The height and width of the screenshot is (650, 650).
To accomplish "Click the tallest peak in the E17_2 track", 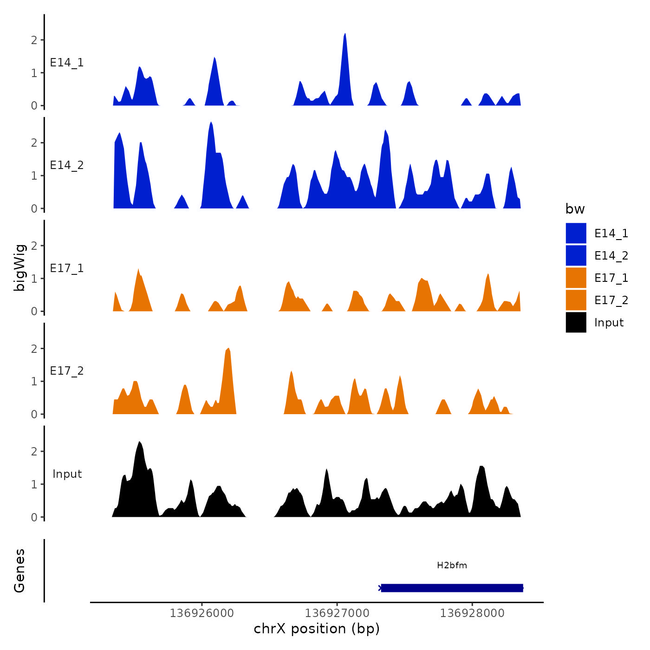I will (228, 351).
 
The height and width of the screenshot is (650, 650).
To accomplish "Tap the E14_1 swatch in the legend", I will (576, 233).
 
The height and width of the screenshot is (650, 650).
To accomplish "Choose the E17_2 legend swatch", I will (576, 300).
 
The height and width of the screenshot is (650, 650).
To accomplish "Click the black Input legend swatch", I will (576, 322).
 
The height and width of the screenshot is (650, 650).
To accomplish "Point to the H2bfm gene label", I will (452, 565).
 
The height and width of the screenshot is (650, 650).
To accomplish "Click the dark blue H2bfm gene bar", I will (452, 588).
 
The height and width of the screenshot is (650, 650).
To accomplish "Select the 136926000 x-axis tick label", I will (202, 613).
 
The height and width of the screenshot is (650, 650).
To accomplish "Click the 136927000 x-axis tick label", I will (337, 613).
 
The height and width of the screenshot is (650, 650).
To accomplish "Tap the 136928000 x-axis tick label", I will (472, 613).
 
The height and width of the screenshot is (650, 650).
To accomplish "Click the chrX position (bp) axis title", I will (317, 629).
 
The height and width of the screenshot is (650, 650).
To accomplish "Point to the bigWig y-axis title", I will (19, 268).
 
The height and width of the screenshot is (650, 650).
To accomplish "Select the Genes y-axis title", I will (19, 571).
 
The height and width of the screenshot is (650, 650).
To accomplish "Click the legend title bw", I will (575, 209).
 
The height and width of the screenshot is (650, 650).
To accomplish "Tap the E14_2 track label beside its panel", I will (67, 165).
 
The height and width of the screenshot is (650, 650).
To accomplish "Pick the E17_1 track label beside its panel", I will (67, 268).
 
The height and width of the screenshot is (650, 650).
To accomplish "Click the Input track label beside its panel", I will (67, 474).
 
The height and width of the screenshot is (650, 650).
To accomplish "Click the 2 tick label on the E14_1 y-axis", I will (34, 40).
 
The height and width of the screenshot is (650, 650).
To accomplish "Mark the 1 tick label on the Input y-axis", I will (34, 484).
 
